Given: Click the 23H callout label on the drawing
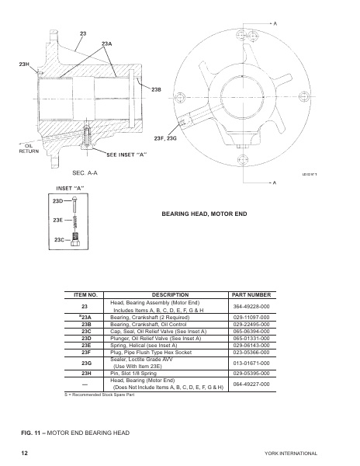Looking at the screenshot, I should (24, 63).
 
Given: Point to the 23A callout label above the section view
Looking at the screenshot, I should (107, 43).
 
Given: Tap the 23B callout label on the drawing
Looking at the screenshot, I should (155, 90).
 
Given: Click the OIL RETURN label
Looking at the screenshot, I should (28, 148).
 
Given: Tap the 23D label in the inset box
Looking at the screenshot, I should (58, 201).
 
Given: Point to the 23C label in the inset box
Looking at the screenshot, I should (58, 240).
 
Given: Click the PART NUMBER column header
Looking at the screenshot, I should (251, 295).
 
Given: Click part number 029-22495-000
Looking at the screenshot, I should (251, 325).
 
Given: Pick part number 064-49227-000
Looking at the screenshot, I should (251, 383).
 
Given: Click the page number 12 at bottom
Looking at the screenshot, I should (25, 451).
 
